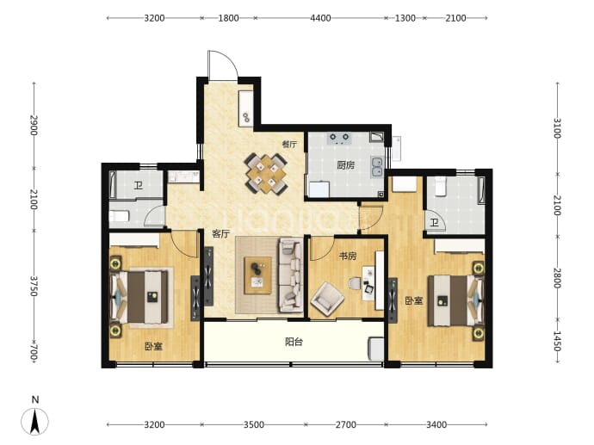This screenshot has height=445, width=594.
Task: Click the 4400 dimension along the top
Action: pyautogui.click(x=320, y=18)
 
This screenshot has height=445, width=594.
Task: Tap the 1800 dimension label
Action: pyautogui.click(x=228, y=18)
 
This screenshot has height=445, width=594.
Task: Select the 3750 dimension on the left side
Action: pyautogui.click(x=34, y=286)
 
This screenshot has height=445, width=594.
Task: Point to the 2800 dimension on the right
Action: pyautogui.click(x=557, y=278)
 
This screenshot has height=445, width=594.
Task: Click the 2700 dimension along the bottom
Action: pyautogui.click(x=346, y=424)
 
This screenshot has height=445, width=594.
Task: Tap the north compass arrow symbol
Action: pyautogui.click(x=34, y=421)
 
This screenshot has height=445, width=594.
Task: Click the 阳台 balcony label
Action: pyautogui.click(x=294, y=342)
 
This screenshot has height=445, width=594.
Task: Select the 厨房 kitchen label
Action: pyautogui.click(x=345, y=165)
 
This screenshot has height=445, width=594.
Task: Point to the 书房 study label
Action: pyautogui.click(x=348, y=256)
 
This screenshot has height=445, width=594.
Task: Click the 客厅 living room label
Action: pyautogui.click(x=220, y=233)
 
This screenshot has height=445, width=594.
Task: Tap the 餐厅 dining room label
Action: pyautogui.click(x=289, y=145)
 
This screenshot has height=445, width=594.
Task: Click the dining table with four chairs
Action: pyautogui.click(x=266, y=174)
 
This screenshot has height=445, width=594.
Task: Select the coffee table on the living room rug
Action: pyautogui.click(x=257, y=275)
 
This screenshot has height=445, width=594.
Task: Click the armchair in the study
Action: pyautogui.click(x=327, y=300)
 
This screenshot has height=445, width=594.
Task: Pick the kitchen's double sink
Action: pyautogui.click(x=377, y=167)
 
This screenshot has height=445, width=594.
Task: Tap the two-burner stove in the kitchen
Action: pyautogui.click(x=339, y=138)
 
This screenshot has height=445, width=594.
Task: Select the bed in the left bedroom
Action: pyautogui.click(x=139, y=297)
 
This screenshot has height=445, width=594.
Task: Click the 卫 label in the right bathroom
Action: pyautogui.click(x=434, y=223)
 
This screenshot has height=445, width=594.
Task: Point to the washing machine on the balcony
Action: pyautogui.click(x=376, y=349)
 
